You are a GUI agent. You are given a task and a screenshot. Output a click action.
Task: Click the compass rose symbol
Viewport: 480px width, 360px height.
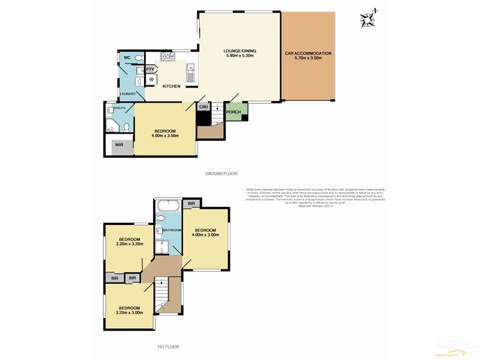[367, 19]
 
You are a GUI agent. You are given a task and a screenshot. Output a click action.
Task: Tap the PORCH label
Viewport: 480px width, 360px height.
[233, 112]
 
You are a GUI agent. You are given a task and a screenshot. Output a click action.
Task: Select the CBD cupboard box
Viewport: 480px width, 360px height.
[203, 107]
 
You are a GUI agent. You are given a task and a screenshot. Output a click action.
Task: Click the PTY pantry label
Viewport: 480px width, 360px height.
[150, 70]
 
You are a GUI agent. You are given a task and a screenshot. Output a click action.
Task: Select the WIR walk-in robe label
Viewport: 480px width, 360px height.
[119, 145]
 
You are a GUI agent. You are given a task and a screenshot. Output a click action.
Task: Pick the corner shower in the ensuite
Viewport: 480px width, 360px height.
[112, 125]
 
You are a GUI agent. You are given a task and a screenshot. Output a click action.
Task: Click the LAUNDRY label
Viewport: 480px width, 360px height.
[128, 94]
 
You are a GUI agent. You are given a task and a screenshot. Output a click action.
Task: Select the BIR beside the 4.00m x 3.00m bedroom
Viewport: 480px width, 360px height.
[191, 204]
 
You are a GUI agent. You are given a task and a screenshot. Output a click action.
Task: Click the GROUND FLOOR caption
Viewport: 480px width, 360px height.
[221, 173]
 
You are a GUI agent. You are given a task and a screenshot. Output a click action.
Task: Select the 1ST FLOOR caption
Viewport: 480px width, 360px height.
[168, 347]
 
